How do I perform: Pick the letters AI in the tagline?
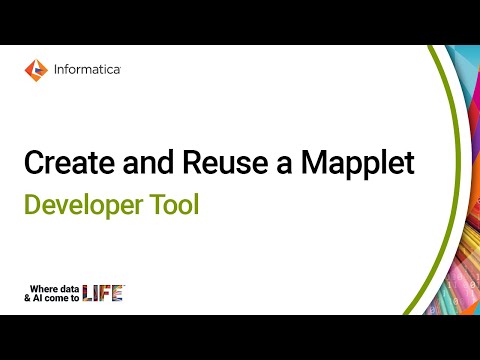click(39, 297)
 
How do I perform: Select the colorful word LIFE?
click(102, 292)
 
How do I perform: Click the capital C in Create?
click(32, 162)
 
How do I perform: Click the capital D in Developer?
click(31, 205)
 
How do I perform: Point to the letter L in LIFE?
click(88, 292)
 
